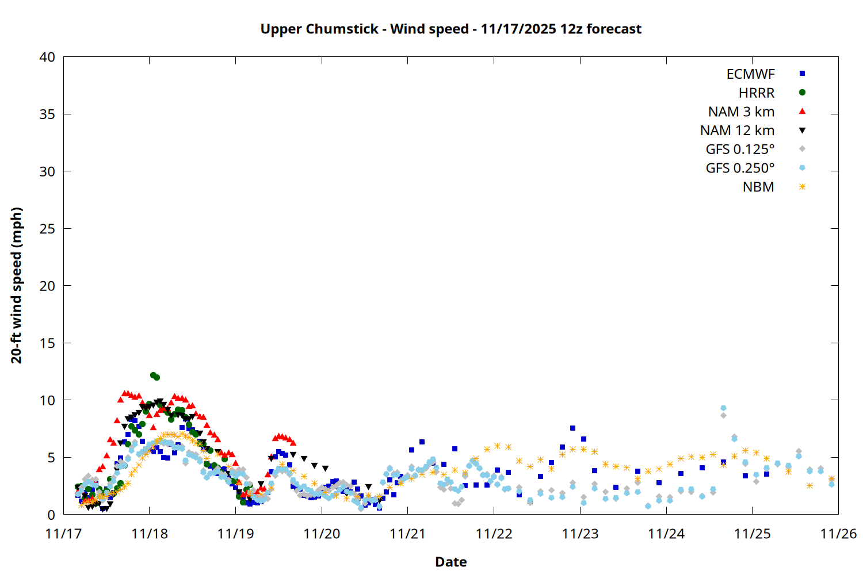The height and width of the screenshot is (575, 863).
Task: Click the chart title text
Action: pos(450,29)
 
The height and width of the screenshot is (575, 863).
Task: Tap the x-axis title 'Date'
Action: pos(450,562)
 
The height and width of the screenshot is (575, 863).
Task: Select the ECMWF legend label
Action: pos(750,74)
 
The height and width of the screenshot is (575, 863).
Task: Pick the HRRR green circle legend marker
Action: pos(802,93)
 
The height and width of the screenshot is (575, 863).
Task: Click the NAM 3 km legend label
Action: pos(741,112)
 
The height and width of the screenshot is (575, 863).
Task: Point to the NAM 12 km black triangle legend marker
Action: pos(802,131)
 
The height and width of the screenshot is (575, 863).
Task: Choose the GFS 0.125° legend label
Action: pos(740,149)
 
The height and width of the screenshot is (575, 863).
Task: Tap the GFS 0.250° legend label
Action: pos(740,168)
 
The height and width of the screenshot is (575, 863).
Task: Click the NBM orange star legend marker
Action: pos(802,187)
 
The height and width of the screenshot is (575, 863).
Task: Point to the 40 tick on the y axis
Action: pos(47,57)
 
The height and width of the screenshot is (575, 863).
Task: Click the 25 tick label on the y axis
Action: pos(47,229)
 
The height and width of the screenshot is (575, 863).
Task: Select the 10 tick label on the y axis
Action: pos(47,400)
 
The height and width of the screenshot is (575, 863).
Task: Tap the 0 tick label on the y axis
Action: pos(51,515)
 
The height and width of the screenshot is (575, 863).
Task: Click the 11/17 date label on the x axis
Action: pos(63,534)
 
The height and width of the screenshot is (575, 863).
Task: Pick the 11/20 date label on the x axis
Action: pos(322,534)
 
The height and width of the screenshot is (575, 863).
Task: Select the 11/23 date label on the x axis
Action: pos(580,534)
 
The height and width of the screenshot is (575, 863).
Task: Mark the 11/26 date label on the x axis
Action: pos(838,534)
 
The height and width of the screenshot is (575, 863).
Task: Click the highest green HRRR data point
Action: pos(153,375)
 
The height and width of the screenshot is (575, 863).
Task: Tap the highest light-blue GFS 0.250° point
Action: pos(723,408)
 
